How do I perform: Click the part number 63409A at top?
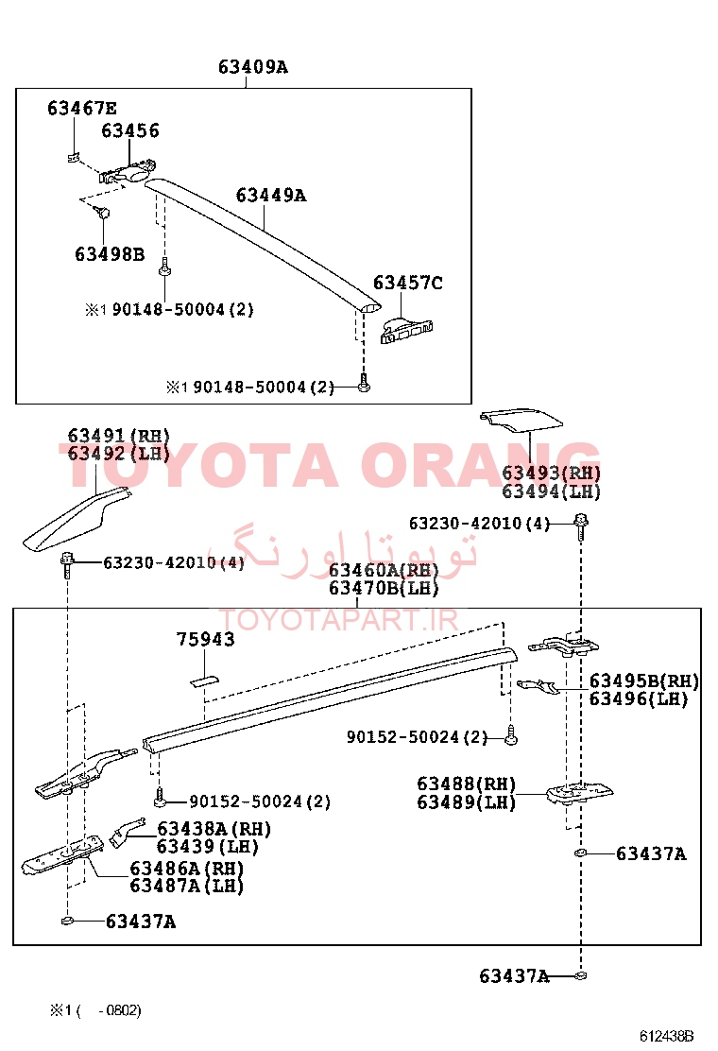tap(252, 67)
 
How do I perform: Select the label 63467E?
tap(81, 108)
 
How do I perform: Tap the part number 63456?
tap(130, 130)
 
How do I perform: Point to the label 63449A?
tap(270, 195)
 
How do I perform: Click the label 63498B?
tap(110, 254)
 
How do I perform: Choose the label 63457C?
tap(407, 283)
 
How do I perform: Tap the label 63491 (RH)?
tap(118, 436)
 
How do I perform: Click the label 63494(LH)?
tap(551, 491)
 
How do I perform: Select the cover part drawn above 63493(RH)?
tap(521, 419)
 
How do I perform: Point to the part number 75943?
tap(206, 640)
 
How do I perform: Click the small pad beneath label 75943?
tap(204, 681)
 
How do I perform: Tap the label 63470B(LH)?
tap(384, 589)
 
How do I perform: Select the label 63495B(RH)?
tap(644, 681)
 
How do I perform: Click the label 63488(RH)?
tap(466, 784)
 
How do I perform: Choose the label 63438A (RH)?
tap(214, 829)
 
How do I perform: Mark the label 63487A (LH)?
tap(186, 887)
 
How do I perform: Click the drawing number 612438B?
tap(666, 1036)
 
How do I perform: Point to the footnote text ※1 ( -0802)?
tap(95, 1010)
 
